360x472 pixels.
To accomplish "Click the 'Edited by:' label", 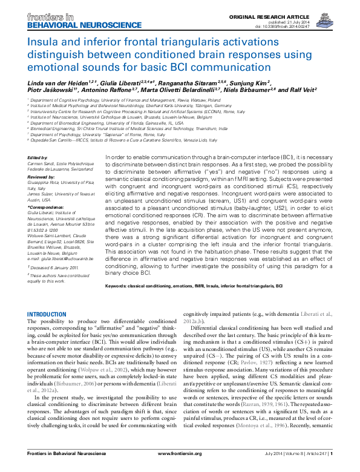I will [38, 157].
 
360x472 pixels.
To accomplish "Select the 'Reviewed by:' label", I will [41, 177].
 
